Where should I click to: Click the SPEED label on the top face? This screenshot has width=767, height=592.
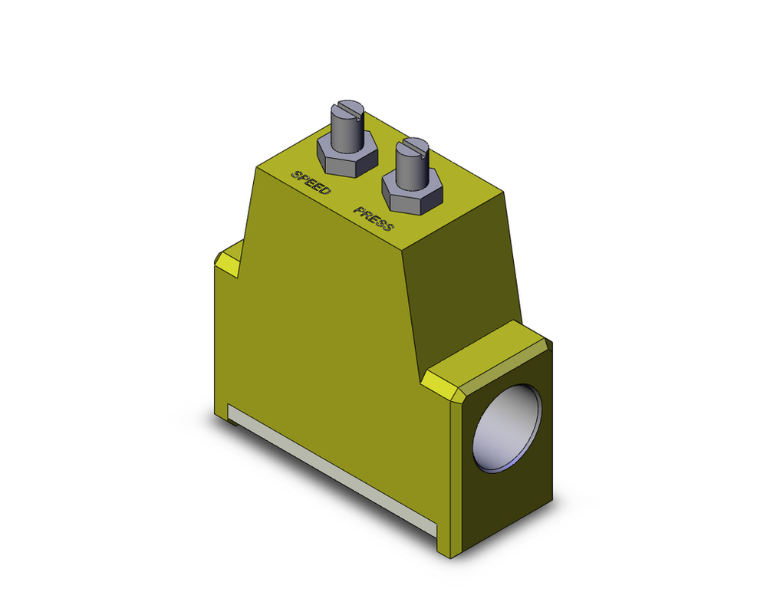[x=311, y=182]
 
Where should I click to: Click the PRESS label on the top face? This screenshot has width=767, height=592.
[x=374, y=219]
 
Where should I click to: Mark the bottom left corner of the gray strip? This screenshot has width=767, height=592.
[x=229, y=422]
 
